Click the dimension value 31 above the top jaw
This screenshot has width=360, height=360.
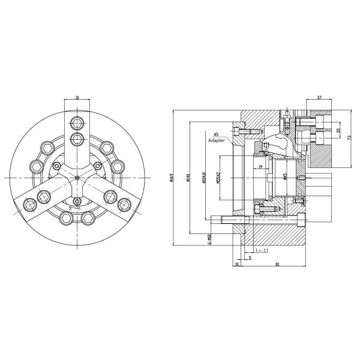pos(78,98)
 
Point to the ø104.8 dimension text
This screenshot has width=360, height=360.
pos(204,178)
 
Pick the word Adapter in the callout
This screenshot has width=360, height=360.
pos(217,140)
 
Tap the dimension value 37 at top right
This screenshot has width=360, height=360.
pos(319,98)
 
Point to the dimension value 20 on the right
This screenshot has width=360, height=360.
pos(338,130)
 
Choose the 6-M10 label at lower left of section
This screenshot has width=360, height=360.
pos(209,239)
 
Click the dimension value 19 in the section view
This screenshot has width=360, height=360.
pos(260,167)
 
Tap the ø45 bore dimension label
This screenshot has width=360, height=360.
pos(285,178)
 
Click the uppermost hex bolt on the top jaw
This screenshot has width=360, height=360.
pos(78,124)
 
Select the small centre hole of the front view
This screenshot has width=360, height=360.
pos(78,178)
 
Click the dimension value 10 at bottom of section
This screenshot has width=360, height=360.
pos(236,263)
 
